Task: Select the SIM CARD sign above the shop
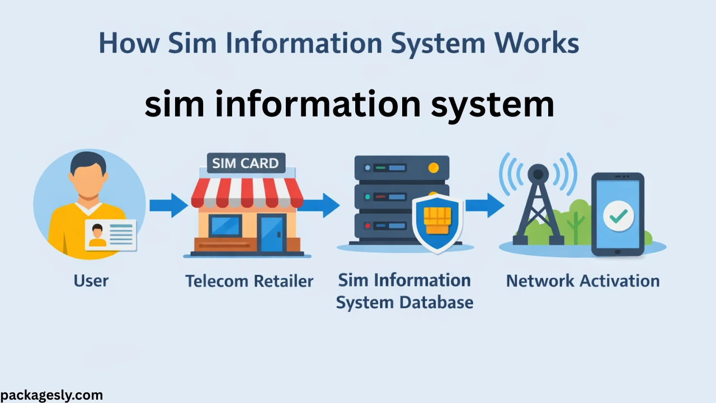tap(246, 164)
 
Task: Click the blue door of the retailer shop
tap(272, 234)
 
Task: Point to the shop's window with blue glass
tap(225, 226)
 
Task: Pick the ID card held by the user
tap(110, 234)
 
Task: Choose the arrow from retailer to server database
tap(321, 205)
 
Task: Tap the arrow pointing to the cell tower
tap(484, 205)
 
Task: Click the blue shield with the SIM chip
tap(437, 223)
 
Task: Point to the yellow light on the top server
tap(432, 167)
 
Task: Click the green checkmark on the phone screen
tap(618, 215)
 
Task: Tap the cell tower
tap(538, 204)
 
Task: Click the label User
tap(91, 280)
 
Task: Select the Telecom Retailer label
tap(249, 281)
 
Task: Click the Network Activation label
tap(582, 280)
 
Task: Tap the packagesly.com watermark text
tap(51, 395)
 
